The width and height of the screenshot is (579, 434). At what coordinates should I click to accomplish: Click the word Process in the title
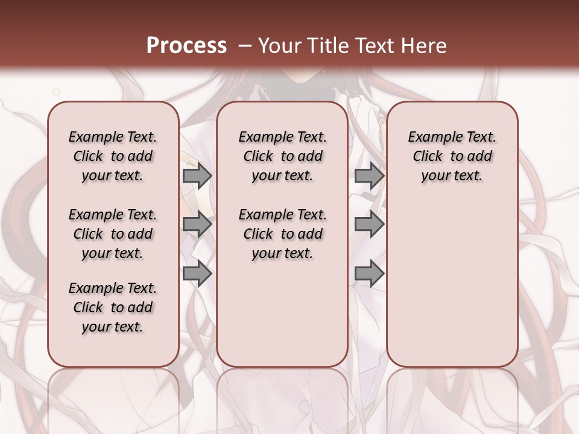[x=186, y=46]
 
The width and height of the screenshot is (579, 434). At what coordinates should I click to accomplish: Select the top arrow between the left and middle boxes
[x=197, y=176]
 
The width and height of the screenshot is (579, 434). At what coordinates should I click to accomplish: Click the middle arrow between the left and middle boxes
[x=197, y=224]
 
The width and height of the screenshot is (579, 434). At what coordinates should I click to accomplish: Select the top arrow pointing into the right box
[x=369, y=176]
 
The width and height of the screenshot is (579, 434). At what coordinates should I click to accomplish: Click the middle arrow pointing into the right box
[x=369, y=224]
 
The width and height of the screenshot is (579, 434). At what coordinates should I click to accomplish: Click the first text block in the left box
[x=113, y=156]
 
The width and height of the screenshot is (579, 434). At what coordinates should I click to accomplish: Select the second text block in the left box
[x=113, y=234]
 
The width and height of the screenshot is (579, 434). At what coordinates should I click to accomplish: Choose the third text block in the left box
[x=113, y=307]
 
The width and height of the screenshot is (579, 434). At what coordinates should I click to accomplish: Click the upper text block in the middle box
[x=282, y=156]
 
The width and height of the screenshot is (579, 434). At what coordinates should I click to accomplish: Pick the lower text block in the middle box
[x=282, y=234]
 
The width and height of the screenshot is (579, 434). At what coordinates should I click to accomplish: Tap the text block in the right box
[x=452, y=156]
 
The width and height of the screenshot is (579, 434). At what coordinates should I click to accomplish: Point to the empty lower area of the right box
[x=452, y=283]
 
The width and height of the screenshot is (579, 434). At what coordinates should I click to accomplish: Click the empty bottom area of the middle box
[x=282, y=319]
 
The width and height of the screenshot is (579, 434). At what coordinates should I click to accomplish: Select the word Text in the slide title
[x=373, y=46]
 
